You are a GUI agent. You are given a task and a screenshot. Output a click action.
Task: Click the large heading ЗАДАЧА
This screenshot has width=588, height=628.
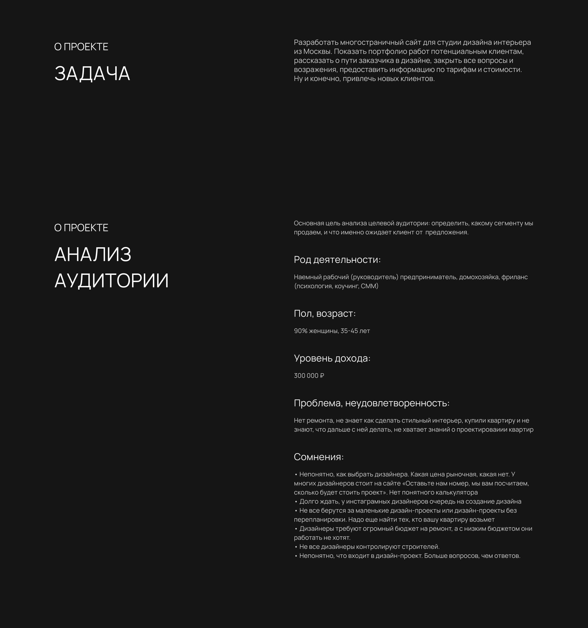[x=92, y=74]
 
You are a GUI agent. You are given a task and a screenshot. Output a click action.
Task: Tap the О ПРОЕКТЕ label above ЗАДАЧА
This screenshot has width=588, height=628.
[x=81, y=47]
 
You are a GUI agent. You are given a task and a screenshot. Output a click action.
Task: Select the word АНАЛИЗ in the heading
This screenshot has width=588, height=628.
[x=93, y=254]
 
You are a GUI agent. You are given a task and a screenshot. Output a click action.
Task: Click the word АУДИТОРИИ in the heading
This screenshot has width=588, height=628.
[x=111, y=281]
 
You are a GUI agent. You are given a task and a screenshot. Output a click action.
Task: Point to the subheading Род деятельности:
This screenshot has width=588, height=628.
[x=337, y=260]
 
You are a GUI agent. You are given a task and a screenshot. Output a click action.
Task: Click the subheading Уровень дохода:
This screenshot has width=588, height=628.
[x=332, y=358]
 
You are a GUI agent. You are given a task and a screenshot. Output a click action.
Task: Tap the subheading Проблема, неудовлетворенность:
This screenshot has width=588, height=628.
[x=371, y=403]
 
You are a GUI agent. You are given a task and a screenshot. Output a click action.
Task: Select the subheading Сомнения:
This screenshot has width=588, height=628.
[x=318, y=457]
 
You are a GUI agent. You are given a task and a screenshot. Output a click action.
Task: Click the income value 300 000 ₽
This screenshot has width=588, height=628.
[x=309, y=376]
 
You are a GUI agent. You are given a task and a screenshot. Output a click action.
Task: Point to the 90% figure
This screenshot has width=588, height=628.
[x=300, y=331]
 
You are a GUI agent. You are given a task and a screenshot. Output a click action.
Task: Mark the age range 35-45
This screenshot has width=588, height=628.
[x=349, y=331]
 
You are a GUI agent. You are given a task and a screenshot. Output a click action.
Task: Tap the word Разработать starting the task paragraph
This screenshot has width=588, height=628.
[x=313, y=42]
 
